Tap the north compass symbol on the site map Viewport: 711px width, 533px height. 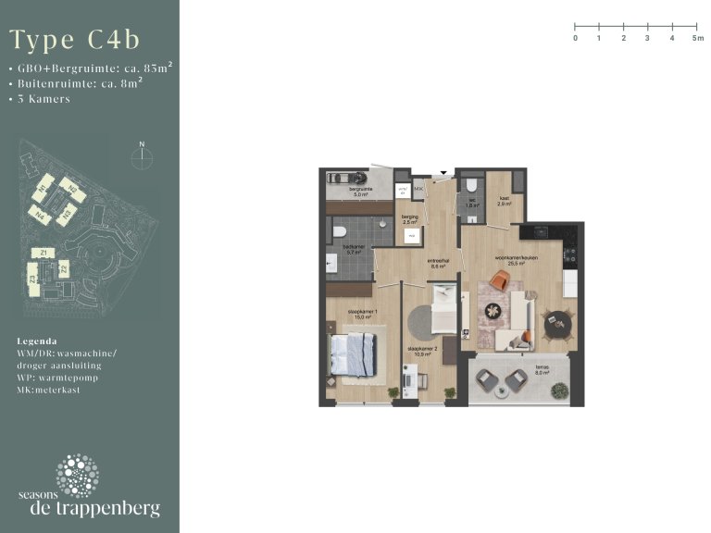[141, 156]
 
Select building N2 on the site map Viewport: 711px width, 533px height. [73, 190]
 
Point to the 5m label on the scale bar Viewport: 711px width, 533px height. [697, 39]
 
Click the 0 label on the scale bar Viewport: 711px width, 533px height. [575, 39]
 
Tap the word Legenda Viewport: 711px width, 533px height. [37, 341]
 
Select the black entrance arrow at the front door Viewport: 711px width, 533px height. [443, 172]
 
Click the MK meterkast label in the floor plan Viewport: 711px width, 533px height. [418, 188]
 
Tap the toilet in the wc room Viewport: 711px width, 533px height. [472, 183]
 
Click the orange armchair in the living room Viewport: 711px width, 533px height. [501, 280]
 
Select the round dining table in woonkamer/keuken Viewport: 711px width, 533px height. [557, 324]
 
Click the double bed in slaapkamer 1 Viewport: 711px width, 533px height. [355, 353]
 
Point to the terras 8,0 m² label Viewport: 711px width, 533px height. [542, 368]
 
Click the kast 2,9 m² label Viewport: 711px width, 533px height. [504, 200]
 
